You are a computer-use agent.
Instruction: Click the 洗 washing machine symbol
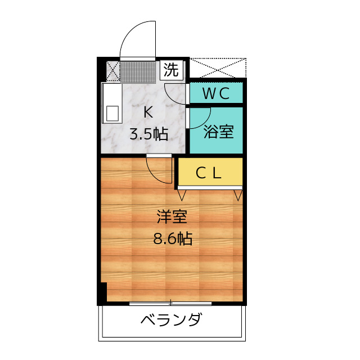171,70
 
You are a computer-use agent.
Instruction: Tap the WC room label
216,93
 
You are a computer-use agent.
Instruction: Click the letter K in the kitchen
148,112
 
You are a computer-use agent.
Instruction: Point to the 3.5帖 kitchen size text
148,134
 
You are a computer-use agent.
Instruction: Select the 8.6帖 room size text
173,239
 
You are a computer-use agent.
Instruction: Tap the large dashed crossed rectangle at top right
218,67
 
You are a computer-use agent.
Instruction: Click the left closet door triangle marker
182,195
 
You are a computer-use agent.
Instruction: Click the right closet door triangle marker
238,195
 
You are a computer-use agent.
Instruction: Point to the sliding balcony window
170,304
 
